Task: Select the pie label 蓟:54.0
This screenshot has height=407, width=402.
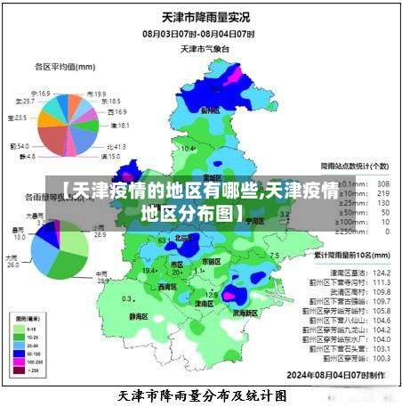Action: click(20, 145)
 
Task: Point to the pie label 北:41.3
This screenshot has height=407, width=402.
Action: click(116, 146)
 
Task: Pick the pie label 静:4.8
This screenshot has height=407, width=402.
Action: click(25, 157)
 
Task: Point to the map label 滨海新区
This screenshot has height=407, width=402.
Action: click(245, 313)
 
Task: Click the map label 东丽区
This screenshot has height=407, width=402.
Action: click(211, 262)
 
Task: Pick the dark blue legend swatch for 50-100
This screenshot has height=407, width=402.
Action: click(19, 353)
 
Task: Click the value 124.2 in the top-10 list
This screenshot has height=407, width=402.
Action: click(382, 272)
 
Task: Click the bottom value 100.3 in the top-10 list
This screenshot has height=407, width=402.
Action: click(382, 359)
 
